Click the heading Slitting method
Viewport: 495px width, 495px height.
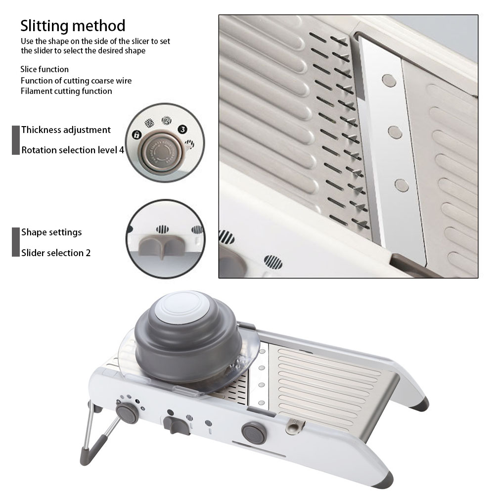click(x=73, y=26)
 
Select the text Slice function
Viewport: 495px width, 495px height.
click(x=45, y=69)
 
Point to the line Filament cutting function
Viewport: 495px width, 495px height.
click(x=66, y=91)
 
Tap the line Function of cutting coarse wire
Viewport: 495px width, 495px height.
click(x=76, y=81)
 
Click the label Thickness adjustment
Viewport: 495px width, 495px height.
click(x=66, y=130)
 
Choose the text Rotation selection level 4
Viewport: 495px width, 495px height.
click(x=73, y=150)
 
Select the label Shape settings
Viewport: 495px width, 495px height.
click(x=51, y=232)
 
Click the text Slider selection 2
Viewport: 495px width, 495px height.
click(x=56, y=253)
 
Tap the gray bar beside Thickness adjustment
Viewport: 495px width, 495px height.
click(x=15, y=140)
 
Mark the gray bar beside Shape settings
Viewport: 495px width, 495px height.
click(x=15, y=242)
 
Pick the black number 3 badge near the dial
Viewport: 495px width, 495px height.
click(x=182, y=130)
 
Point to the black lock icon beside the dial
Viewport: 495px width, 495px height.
click(x=136, y=135)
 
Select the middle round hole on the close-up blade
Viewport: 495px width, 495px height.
click(x=395, y=132)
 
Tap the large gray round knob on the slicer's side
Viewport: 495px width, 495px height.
click(x=254, y=433)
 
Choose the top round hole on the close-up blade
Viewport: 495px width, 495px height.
click(x=389, y=80)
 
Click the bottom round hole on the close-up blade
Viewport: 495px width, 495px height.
click(x=402, y=185)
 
